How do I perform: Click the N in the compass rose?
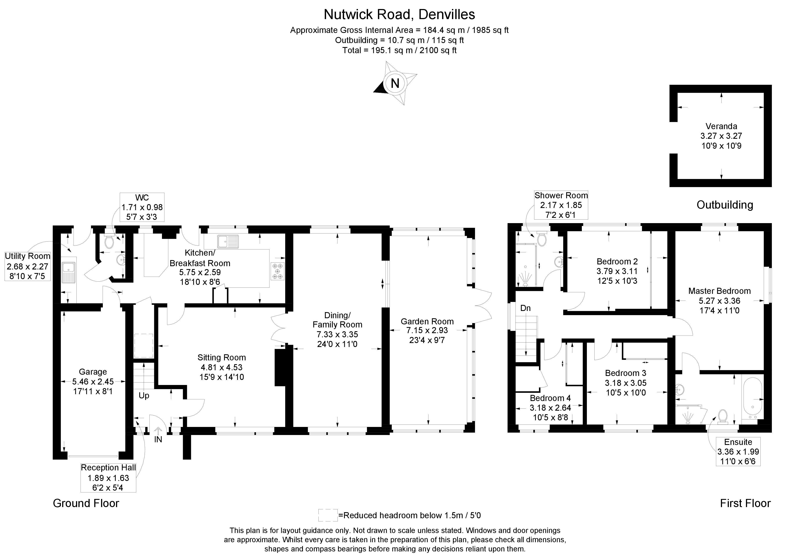click(x=395, y=83)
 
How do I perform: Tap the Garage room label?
click(x=93, y=372)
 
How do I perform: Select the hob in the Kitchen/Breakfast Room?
click(x=277, y=271)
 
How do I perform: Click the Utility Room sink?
click(x=68, y=272)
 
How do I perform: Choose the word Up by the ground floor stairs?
click(x=144, y=396)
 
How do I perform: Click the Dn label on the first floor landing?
click(x=525, y=308)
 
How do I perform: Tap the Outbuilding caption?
click(x=725, y=205)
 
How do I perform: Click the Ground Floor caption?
click(x=86, y=503)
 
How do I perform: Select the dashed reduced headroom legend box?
click(x=328, y=515)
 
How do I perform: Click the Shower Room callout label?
click(x=561, y=205)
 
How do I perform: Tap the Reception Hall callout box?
click(x=108, y=478)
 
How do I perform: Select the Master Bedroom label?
click(x=719, y=291)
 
